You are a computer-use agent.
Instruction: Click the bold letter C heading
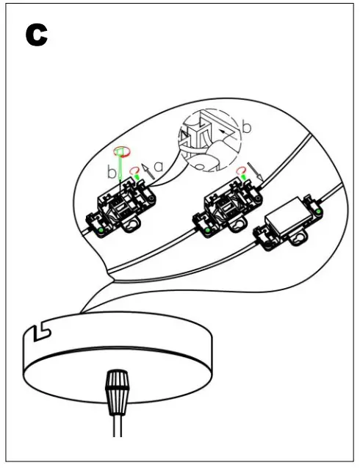point(36,35)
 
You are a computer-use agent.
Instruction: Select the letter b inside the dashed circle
point(247,127)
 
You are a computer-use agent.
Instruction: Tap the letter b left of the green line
point(111,173)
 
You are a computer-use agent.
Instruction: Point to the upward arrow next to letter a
point(146,168)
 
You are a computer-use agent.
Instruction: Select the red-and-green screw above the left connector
point(122,152)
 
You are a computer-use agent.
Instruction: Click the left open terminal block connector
point(121,208)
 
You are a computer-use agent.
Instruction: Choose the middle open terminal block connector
point(227,207)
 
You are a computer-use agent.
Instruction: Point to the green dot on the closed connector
point(320,214)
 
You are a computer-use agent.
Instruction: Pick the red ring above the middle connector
point(240,172)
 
